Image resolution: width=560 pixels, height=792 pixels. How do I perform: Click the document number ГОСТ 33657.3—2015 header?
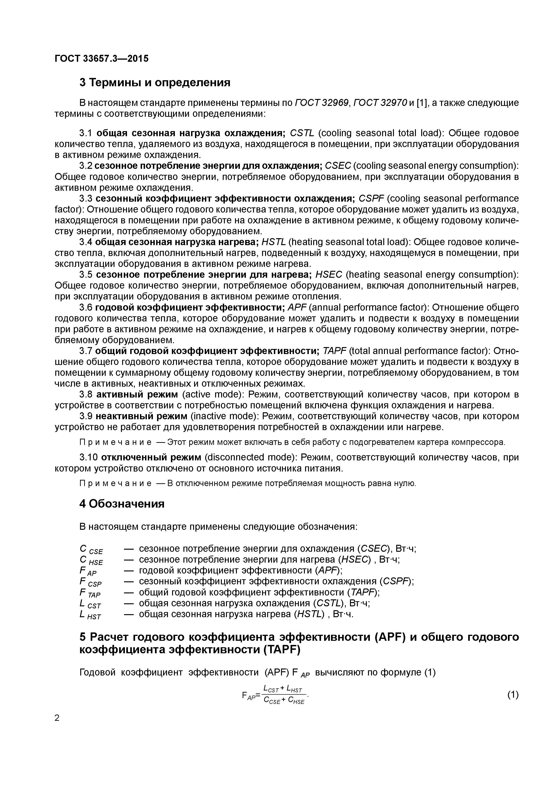pyautogui.click(x=102, y=59)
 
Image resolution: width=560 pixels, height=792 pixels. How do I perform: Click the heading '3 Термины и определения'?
pyautogui.click(x=155, y=83)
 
